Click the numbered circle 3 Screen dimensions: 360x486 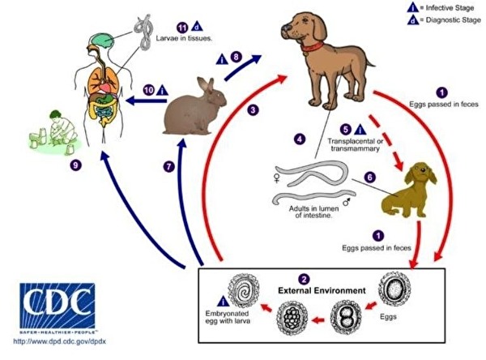(x=254, y=109)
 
